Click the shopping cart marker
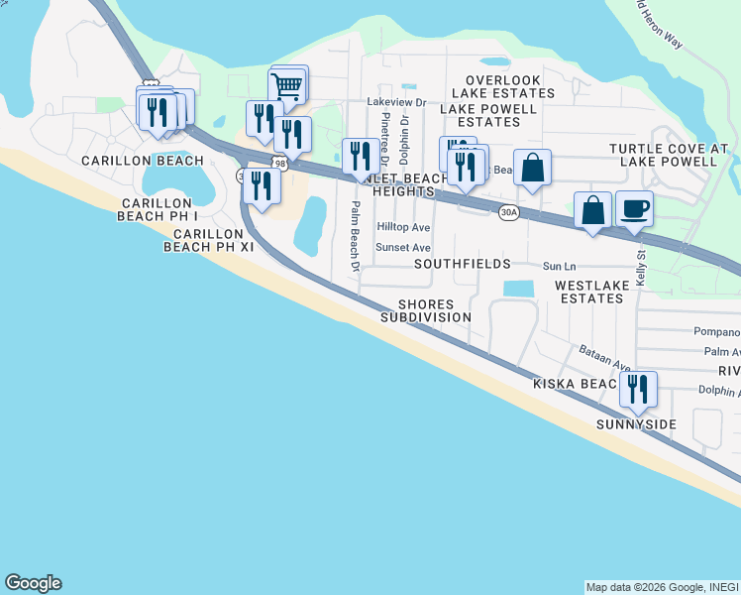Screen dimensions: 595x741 pyautogui.click(x=286, y=87)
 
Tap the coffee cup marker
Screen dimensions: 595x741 pyautogui.click(x=634, y=209)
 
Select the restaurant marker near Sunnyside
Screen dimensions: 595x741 pyautogui.click(x=638, y=389)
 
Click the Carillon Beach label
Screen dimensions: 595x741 pyautogui.click(x=143, y=160)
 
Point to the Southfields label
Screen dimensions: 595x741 pyautogui.click(x=462, y=264)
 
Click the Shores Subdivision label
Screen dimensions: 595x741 pyautogui.click(x=426, y=310)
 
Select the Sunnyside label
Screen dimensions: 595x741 pyautogui.click(x=636, y=424)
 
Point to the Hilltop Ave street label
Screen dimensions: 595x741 pyautogui.click(x=403, y=227)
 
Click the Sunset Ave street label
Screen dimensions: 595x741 pyautogui.click(x=403, y=248)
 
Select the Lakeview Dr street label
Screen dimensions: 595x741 pyautogui.click(x=395, y=101)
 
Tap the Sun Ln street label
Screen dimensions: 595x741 pyautogui.click(x=559, y=267)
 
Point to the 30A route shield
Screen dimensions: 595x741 pyautogui.click(x=508, y=212)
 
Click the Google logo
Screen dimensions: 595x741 pyautogui.click(x=33, y=583)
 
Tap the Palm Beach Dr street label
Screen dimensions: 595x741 pyautogui.click(x=353, y=235)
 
